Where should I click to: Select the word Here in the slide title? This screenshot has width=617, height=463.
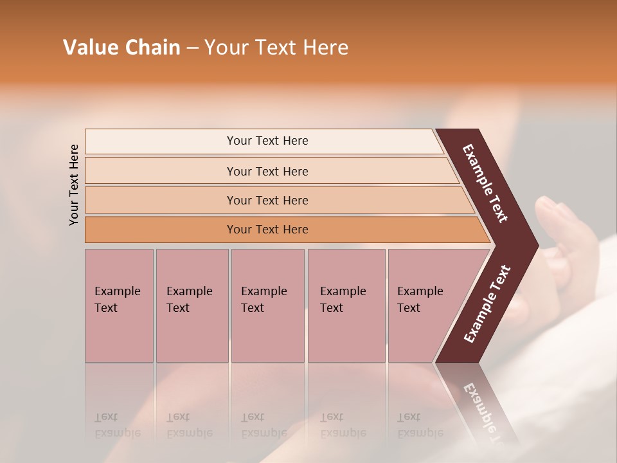tap(325, 48)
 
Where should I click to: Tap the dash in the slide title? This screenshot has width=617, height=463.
tap(192, 48)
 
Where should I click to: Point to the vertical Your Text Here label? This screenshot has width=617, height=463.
tap(74, 185)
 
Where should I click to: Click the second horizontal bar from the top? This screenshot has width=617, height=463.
tap(267, 171)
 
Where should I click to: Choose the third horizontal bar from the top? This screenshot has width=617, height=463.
tap(267, 200)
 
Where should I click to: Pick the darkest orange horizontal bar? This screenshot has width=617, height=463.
tap(267, 230)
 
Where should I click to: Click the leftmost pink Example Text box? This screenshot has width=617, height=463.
tap(119, 305)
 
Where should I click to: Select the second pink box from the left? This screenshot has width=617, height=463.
tap(192, 305)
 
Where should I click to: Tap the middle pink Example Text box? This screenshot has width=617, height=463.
tap(267, 305)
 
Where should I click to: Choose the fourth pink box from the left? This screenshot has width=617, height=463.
tap(346, 305)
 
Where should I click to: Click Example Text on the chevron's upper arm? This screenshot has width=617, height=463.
tap(485, 183)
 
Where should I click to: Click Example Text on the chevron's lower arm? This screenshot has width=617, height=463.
tap(487, 304)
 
